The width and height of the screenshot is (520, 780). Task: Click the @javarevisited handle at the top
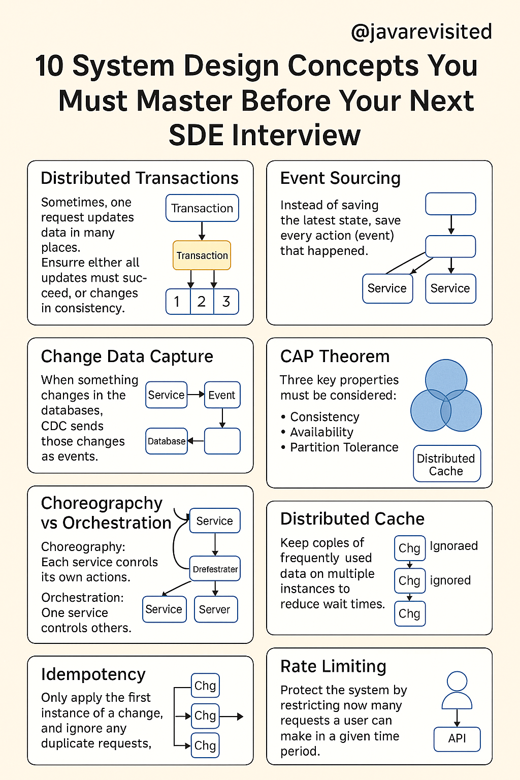tap(421, 32)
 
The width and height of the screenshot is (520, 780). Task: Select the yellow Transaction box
tap(202, 255)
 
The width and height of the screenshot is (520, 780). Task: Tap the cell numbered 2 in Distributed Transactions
tap(202, 302)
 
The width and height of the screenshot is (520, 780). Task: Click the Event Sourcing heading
tap(340, 178)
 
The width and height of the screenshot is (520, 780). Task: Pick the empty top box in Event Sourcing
tap(450, 204)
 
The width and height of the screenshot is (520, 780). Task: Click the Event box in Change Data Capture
tap(222, 395)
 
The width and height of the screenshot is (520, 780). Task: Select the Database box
tap(167, 441)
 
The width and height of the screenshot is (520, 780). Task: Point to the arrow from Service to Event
tap(196, 395)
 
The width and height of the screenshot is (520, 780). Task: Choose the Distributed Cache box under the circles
tap(446, 464)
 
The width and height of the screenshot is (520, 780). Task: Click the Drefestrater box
tap(215, 569)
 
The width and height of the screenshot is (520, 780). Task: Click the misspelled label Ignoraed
tap(453, 546)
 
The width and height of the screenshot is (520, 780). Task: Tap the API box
tap(457, 738)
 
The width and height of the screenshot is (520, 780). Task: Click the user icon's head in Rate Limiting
tap(457, 681)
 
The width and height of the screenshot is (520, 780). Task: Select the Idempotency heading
tap(93, 674)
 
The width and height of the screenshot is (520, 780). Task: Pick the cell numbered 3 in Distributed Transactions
tap(226, 302)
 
